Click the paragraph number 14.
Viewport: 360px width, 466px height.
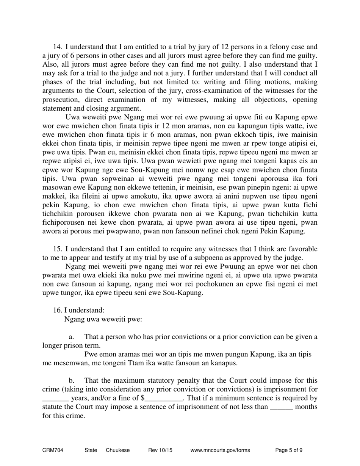coord(57,47)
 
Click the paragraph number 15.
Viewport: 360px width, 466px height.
coord(57,249)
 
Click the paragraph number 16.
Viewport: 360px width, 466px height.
coord(57,310)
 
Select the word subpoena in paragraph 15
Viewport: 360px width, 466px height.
coord(224,258)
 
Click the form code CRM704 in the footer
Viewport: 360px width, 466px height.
coord(53,450)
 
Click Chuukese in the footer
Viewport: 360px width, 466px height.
coord(118,450)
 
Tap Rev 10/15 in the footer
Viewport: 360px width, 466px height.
coord(160,450)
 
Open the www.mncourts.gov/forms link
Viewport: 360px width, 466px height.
coord(220,450)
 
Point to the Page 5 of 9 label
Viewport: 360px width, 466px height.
coord(289,450)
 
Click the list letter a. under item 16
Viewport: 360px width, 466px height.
coord(71,337)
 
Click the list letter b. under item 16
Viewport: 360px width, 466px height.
coord(71,380)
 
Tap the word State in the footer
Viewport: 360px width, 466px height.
coord(91,450)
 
